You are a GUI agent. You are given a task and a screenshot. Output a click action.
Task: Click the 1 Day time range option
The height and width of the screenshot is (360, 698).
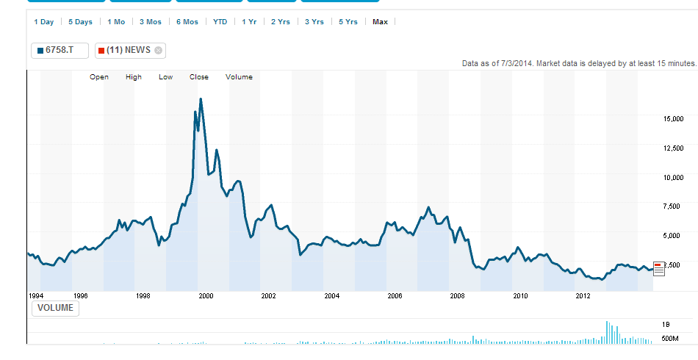tap(44, 22)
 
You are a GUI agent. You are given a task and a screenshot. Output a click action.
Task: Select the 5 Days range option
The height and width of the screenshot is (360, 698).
tap(80, 22)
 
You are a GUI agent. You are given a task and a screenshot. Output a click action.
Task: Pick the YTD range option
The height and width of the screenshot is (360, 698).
tap(220, 22)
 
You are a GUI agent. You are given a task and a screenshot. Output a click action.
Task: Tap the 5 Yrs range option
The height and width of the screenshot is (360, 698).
tap(348, 22)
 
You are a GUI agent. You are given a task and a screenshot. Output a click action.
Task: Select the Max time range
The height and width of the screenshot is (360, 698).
tap(380, 22)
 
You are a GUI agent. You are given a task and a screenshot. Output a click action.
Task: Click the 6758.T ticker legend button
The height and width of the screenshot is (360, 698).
tap(60, 50)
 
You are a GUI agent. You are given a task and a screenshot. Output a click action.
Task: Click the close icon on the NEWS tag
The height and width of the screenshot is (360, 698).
tap(158, 50)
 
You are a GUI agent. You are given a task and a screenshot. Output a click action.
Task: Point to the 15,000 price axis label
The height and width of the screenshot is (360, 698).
tap(674, 118)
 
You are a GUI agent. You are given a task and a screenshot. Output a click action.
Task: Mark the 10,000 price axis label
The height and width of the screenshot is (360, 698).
tap(674, 177)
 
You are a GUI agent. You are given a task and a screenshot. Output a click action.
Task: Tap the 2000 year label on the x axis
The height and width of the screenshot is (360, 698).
tap(206, 296)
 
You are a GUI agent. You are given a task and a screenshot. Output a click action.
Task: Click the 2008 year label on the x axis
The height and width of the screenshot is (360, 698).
tap(457, 296)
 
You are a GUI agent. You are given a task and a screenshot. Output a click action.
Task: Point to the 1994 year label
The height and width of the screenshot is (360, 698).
tap(37, 296)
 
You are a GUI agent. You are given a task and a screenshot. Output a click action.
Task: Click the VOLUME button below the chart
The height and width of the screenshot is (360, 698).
tap(55, 308)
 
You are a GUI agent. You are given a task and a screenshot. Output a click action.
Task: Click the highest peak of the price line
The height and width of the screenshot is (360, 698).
tap(201, 98)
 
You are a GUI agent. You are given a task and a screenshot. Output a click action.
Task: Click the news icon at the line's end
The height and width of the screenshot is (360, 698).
tap(658, 268)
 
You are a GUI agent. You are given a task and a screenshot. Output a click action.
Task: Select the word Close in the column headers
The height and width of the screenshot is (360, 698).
tap(199, 77)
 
